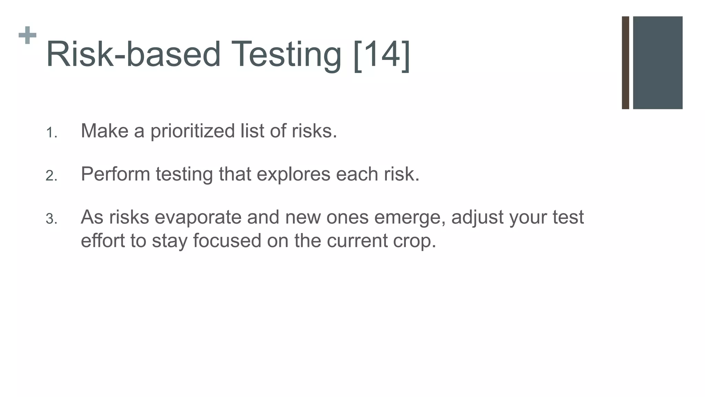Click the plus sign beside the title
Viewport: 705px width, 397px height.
pyautogui.click(x=28, y=35)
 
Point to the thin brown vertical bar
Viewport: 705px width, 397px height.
pyautogui.click(x=625, y=63)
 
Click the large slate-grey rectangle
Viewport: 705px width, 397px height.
pyautogui.click(x=657, y=63)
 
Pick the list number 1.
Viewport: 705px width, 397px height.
pyautogui.click(x=51, y=133)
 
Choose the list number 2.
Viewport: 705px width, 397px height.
pyautogui.click(x=51, y=176)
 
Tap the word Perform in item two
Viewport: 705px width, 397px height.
pyautogui.click(x=115, y=174)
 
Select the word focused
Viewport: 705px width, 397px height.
pyautogui.click(x=227, y=240)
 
